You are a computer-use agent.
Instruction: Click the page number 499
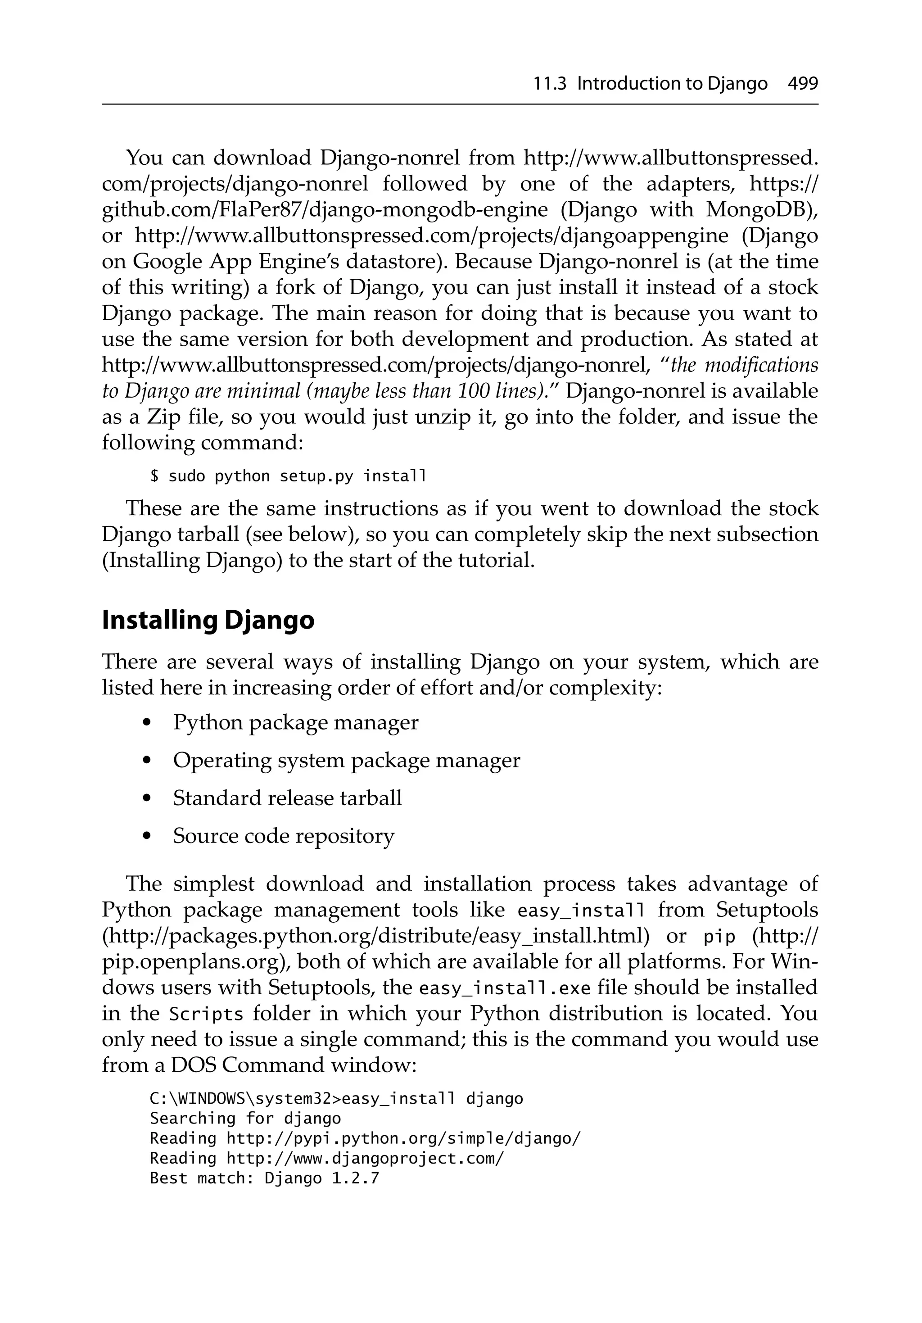(802, 84)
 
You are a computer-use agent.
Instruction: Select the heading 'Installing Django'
(208, 620)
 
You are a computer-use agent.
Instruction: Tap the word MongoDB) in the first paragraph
(762, 209)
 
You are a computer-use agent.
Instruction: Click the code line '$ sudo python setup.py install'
(288, 476)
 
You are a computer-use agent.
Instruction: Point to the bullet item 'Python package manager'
(296, 723)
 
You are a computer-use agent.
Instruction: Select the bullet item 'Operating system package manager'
(346, 760)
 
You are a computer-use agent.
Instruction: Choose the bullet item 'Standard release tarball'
(287, 798)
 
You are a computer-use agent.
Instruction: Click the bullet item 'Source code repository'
(284, 836)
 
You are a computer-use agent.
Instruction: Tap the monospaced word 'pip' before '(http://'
(720, 938)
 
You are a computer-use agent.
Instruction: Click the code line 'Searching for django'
(245, 1119)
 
